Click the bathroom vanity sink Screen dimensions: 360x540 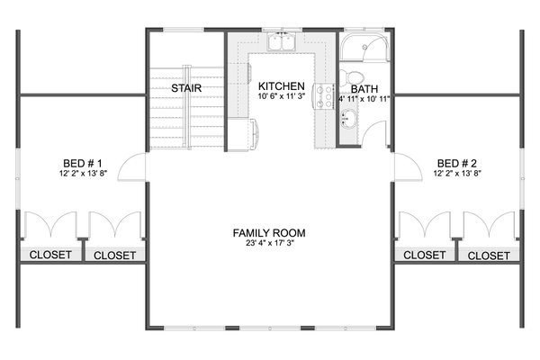(348, 117)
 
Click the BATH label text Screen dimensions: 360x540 (364, 89)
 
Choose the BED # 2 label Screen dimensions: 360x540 (458, 164)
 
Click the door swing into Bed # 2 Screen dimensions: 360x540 (406, 166)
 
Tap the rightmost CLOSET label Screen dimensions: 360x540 (490, 256)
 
